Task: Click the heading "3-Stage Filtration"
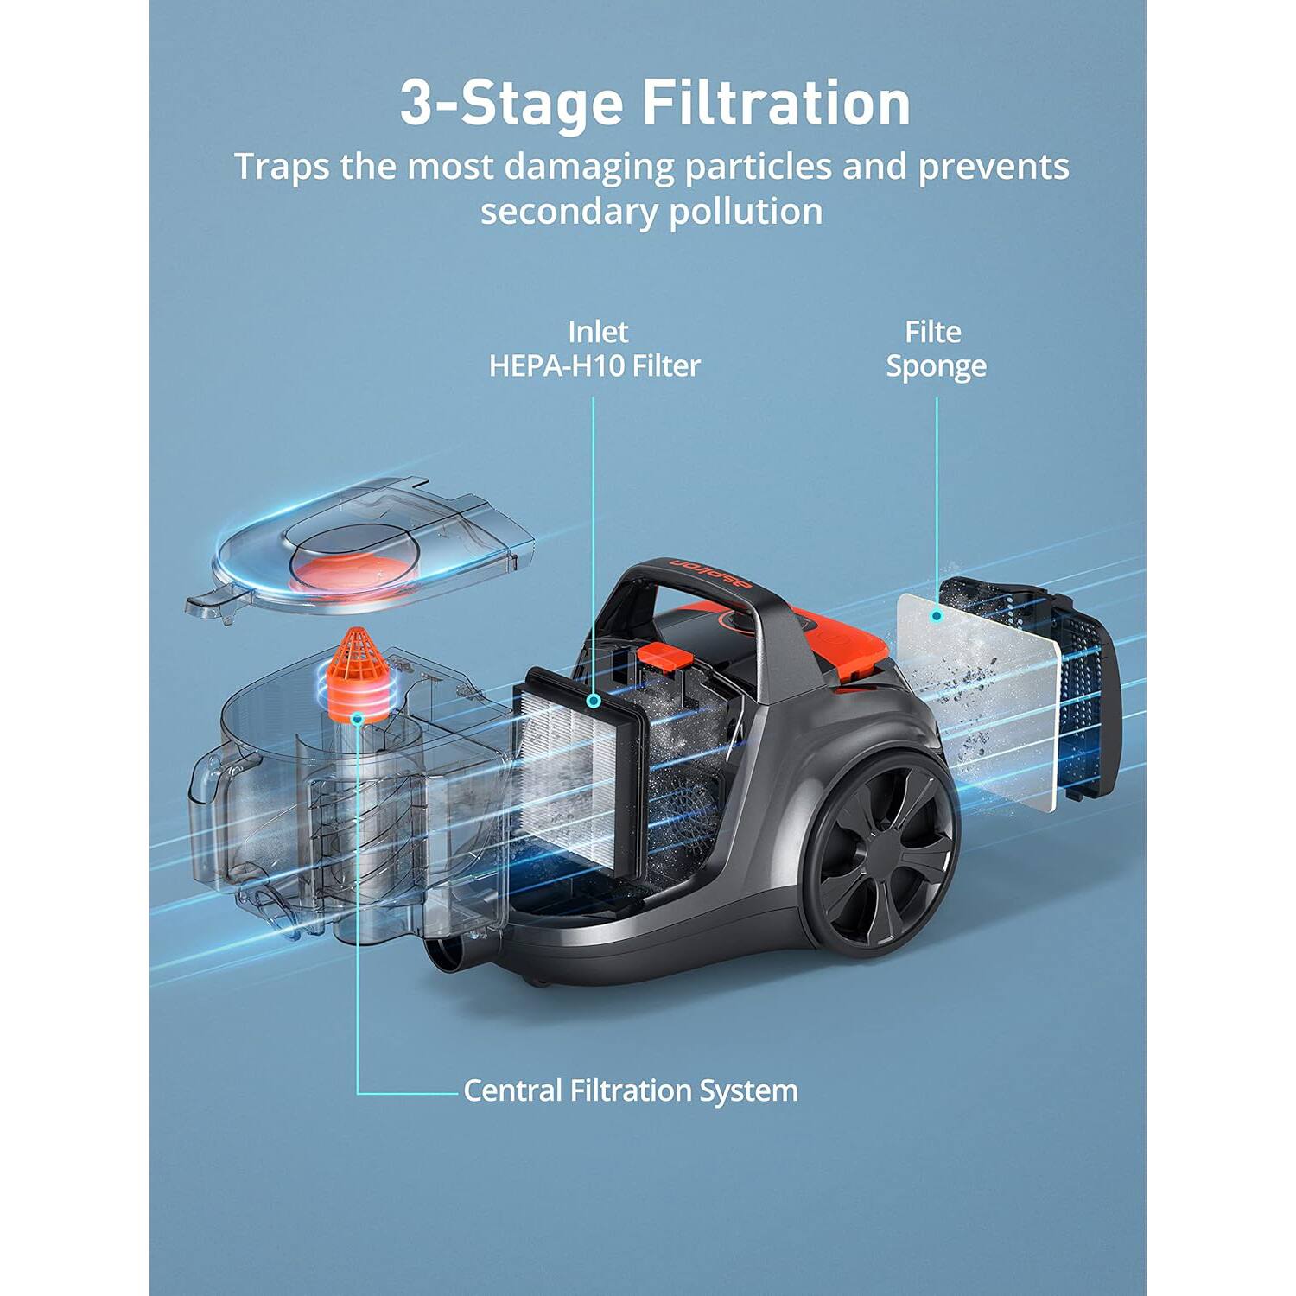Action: [x=654, y=104]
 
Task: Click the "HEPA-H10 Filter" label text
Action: [x=594, y=365]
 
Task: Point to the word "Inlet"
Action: [x=598, y=332]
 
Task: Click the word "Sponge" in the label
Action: [x=936, y=366]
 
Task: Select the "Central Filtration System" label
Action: [x=630, y=1090]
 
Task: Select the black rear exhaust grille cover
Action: [x=1080, y=691]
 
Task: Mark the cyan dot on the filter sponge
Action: [x=936, y=616]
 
